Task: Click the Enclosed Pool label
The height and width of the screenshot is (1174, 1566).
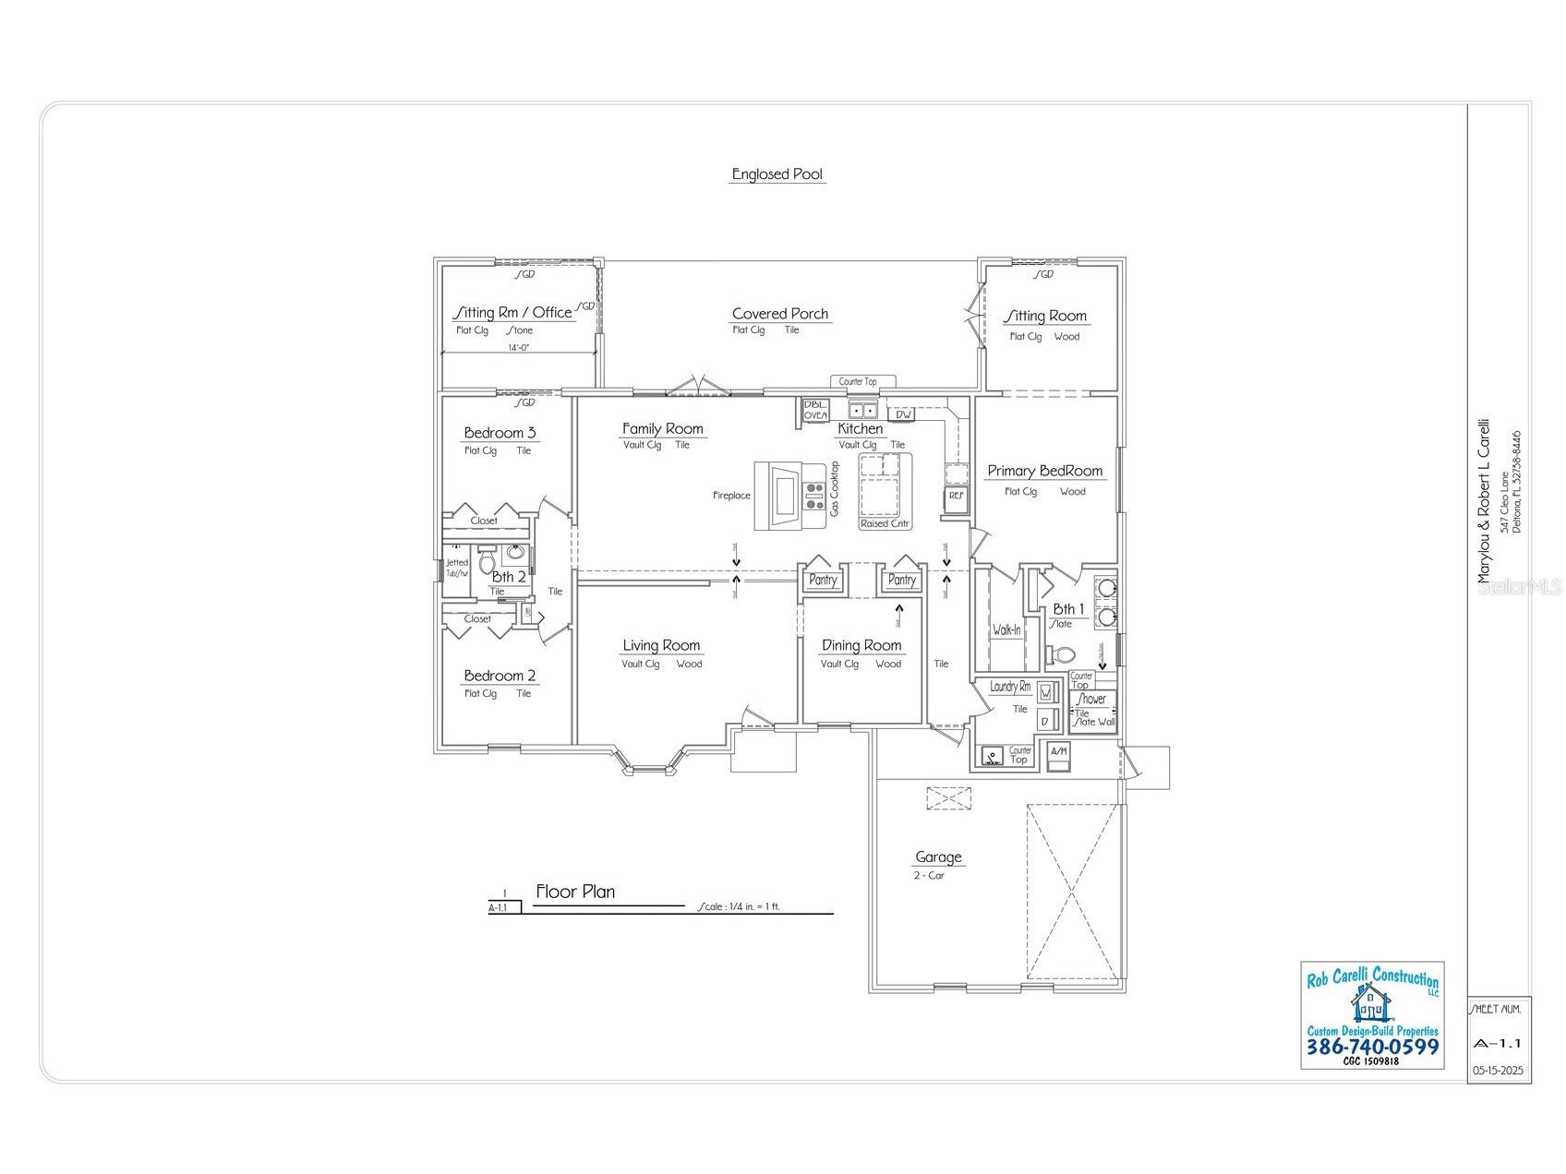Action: tap(777, 174)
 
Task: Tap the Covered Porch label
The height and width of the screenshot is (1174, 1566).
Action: tap(780, 314)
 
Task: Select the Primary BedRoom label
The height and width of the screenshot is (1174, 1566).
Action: tap(1044, 471)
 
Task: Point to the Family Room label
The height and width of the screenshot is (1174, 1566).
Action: tap(662, 428)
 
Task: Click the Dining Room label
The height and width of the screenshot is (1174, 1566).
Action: tap(861, 645)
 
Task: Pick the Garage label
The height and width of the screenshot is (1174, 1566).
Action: tap(938, 857)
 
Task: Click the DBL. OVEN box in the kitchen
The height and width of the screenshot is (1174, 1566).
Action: tap(815, 411)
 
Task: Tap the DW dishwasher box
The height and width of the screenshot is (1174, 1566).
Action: tap(904, 414)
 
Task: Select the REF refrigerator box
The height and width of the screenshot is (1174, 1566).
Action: tap(956, 497)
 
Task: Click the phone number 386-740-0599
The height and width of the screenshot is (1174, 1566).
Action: tap(1371, 1047)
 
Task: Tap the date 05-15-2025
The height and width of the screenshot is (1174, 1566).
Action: tap(1499, 1072)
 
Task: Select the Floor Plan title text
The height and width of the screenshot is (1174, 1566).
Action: tap(575, 892)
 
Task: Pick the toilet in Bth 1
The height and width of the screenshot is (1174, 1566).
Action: tap(1062, 654)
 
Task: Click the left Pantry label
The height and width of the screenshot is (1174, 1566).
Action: tap(823, 581)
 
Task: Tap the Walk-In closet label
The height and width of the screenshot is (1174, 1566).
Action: tap(1006, 630)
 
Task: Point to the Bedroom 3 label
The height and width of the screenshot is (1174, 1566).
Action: tap(500, 433)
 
